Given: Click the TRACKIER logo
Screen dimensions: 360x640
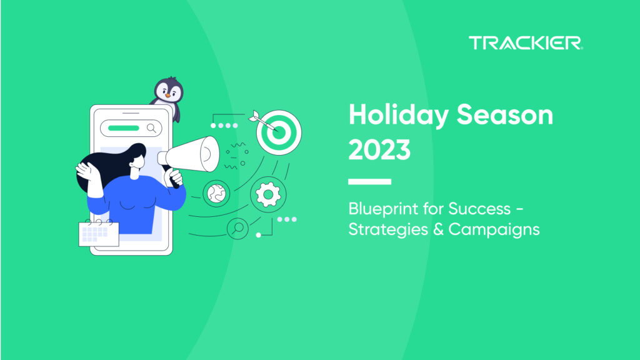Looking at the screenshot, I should (x=526, y=43).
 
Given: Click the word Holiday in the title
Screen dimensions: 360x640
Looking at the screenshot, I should (x=396, y=117).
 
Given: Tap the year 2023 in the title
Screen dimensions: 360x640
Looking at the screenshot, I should (x=379, y=150).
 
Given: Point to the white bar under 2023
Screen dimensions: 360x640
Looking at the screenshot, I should (x=369, y=182).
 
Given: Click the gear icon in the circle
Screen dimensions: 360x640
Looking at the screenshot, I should (x=268, y=195).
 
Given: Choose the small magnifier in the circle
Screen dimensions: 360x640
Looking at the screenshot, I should (x=238, y=229).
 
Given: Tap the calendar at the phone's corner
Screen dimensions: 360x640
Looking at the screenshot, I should (x=99, y=232).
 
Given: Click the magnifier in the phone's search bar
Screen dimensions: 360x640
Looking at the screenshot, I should (x=151, y=128).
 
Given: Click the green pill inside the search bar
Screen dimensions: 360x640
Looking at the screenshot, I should (x=123, y=128).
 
